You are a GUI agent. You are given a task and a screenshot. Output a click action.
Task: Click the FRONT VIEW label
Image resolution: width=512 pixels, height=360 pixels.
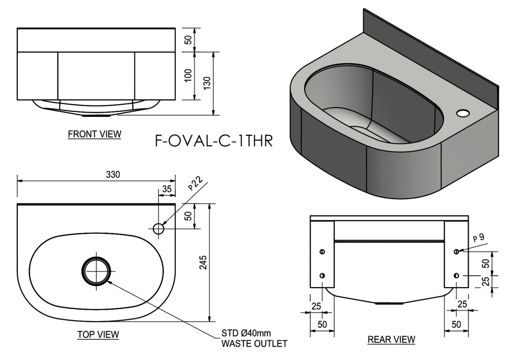94,134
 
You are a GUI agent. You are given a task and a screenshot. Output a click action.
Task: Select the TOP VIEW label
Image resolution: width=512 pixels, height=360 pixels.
98,334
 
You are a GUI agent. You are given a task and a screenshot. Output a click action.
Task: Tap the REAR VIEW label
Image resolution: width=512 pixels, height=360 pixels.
391,340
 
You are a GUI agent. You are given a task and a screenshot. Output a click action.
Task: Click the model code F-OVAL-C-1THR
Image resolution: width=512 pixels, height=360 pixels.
213,140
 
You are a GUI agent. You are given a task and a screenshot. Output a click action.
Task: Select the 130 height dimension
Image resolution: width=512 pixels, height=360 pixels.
207,84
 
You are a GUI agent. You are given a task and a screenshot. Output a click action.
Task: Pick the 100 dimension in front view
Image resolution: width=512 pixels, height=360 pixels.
188,76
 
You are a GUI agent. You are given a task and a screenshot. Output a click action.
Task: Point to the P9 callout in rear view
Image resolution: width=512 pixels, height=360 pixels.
478,237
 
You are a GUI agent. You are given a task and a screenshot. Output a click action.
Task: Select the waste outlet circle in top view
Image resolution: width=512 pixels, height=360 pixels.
97,270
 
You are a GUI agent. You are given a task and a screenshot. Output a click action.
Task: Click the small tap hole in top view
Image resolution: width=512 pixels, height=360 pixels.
158,229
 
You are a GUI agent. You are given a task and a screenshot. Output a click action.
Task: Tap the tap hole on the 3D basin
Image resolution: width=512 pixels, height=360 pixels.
463,113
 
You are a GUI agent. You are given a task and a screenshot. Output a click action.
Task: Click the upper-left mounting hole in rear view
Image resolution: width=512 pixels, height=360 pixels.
322,252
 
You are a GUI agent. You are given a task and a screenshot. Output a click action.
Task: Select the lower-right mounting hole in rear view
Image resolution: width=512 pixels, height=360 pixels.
457,276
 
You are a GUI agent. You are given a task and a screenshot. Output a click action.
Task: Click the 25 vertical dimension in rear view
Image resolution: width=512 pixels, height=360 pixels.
485,282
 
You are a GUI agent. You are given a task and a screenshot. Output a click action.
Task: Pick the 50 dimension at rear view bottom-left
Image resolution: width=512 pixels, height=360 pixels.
322,324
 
